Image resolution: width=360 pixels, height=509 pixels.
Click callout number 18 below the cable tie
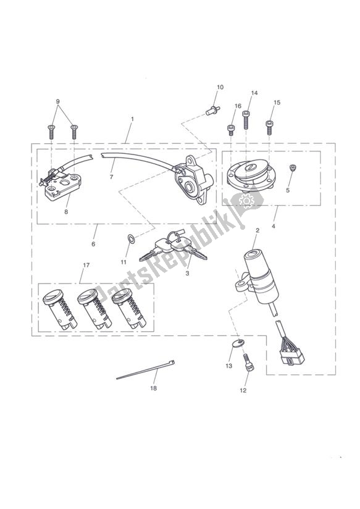point(153,388)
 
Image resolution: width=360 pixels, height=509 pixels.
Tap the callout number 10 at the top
point(220,87)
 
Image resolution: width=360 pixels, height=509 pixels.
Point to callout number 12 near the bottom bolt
point(243,390)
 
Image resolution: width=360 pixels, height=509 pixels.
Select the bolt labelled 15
point(269,127)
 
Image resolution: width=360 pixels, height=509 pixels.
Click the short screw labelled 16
point(231,129)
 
